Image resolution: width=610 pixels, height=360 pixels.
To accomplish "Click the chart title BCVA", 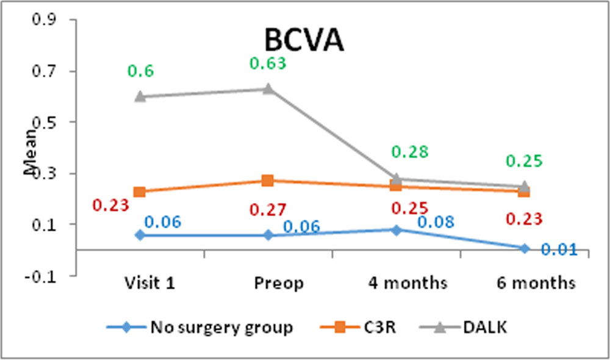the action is (x=304, y=40).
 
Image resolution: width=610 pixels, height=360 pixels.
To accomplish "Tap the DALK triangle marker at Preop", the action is (x=268, y=88).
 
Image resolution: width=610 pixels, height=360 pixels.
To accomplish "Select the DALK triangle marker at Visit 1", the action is (x=140, y=96).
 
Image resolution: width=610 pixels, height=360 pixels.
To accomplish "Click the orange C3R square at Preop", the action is (x=268, y=181).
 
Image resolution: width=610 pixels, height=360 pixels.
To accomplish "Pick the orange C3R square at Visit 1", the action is (x=140, y=192).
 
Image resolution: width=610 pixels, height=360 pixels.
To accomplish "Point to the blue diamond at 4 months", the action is (x=396, y=230).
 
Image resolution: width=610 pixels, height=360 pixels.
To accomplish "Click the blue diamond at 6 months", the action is (x=524, y=248).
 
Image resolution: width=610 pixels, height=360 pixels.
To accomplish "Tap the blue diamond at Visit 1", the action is (x=140, y=235).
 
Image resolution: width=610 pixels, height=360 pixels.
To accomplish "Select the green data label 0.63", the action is (x=268, y=63).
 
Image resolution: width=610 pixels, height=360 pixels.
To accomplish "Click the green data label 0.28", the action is (x=410, y=152).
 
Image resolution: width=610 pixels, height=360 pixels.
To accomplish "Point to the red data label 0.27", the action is (x=268, y=210).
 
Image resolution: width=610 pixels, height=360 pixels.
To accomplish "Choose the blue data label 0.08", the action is (x=436, y=222).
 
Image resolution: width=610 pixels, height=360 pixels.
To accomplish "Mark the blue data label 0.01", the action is (x=559, y=250).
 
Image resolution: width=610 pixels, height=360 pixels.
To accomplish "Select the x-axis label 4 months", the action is (x=407, y=283).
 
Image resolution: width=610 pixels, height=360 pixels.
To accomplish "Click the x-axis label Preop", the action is (x=279, y=283).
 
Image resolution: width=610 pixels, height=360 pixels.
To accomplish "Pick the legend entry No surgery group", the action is (x=200, y=327).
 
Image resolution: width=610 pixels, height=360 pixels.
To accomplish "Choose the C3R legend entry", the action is (x=358, y=327).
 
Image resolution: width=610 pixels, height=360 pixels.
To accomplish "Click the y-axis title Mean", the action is (x=30, y=152).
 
